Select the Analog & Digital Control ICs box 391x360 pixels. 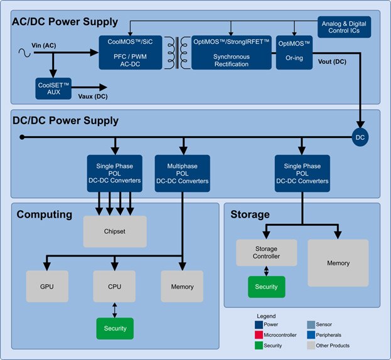(345, 26)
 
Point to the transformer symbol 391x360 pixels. (183, 51)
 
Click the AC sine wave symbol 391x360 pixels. (26, 53)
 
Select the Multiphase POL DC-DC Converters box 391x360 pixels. (182, 172)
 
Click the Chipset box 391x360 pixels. (115, 231)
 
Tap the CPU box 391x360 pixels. (115, 287)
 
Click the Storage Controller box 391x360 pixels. (265, 252)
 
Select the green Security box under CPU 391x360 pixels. (115, 328)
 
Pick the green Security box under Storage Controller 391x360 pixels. (265, 287)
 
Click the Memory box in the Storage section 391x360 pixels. (338, 263)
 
